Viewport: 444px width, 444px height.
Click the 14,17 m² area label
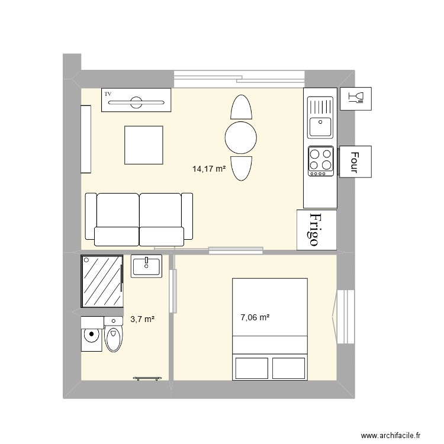[x=209, y=169]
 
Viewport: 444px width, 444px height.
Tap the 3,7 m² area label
[x=143, y=320]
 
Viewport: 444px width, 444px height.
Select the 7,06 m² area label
[x=255, y=317]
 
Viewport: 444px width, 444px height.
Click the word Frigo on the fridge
[x=316, y=229]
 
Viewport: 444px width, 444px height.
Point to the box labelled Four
[x=355, y=161]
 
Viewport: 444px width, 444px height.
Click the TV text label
[x=108, y=94]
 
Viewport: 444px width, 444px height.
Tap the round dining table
[x=241, y=138]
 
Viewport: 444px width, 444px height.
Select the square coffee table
[x=143, y=145]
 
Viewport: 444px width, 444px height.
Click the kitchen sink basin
[x=320, y=127]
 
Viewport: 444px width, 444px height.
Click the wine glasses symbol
[x=356, y=98]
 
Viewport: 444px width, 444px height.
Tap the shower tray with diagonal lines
[x=101, y=281]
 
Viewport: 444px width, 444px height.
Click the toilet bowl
[x=113, y=339]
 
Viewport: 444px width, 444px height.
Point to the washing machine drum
[x=91, y=335]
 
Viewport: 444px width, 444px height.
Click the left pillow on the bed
[x=253, y=368]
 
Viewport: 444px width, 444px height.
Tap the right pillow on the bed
[x=289, y=368]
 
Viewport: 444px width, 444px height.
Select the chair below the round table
[x=241, y=168]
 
